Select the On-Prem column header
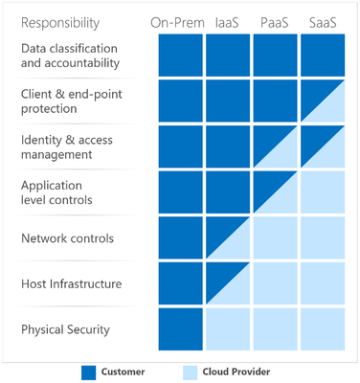click(x=178, y=21)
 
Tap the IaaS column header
click(x=229, y=21)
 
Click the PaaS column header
click(x=275, y=21)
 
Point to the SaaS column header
click(x=322, y=21)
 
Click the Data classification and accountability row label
click(x=70, y=56)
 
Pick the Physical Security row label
click(x=65, y=330)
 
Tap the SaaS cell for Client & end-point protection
click(x=322, y=101)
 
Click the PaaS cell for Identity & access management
click(x=275, y=147)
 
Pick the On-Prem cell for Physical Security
click(x=179, y=330)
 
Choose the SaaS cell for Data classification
click(x=322, y=56)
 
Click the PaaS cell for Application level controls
click(x=275, y=193)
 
